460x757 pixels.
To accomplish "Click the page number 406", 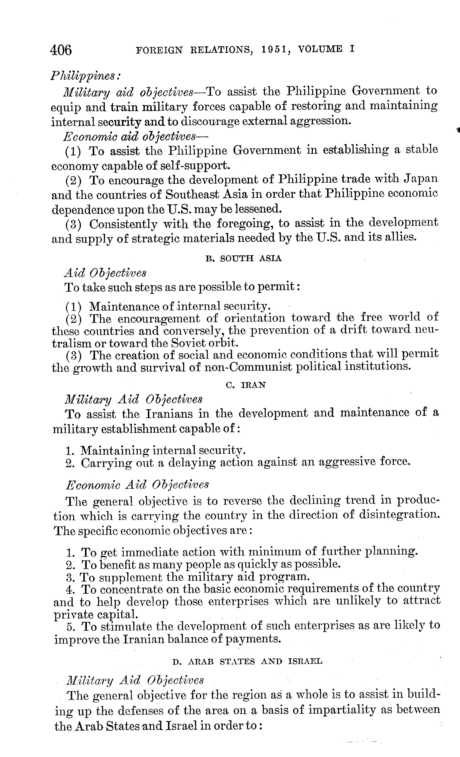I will click(x=61, y=50).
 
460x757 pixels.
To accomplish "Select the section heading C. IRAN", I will click(x=245, y=385).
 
